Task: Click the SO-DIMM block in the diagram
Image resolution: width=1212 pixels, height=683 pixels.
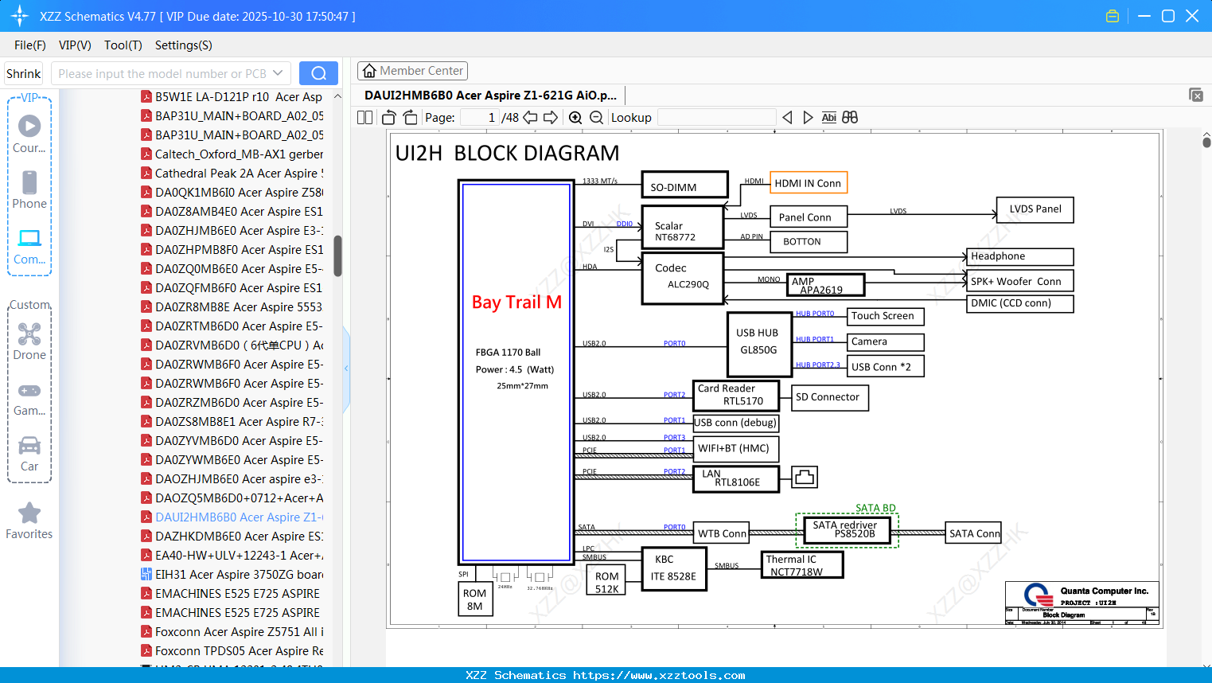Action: pos(684,185)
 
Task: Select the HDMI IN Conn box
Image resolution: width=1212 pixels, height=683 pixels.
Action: pos(808,183)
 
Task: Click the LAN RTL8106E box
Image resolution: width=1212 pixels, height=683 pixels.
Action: pos(735,478)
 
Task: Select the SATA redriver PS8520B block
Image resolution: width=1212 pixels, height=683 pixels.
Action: pos(846,529)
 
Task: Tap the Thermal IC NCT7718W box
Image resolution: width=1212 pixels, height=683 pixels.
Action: pos(801,565)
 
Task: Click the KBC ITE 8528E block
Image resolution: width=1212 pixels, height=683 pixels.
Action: pos(674,568)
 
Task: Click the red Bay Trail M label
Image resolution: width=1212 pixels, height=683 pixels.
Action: pos(516,302)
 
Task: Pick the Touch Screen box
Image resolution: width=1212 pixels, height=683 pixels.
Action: pos(885,316)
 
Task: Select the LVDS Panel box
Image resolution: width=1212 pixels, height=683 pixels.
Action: pos(1035,209)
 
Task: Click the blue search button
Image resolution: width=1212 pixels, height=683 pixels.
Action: pos(318,73)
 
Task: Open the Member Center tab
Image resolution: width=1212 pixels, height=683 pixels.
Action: pos(412,71)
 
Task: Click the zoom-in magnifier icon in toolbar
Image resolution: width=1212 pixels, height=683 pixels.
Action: pos(575,118)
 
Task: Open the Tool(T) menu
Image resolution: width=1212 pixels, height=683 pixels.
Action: pos(123,45)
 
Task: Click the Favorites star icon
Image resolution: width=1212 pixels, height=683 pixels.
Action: pos(29,513)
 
